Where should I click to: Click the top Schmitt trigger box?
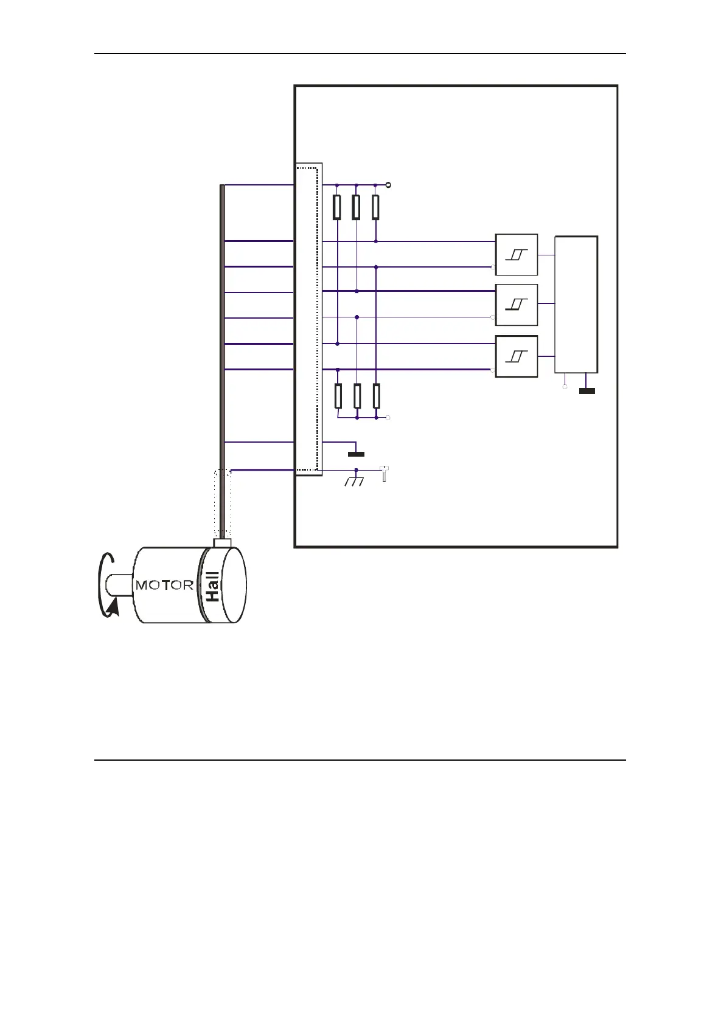pyautogui.click(x=517, y=254)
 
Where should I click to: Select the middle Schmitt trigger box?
pyautogui.click(x=517, y=305)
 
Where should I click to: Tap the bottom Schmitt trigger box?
pyautogui.click(x=517, y=356)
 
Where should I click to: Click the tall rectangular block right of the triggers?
pyautogui.click(x=576, y=304)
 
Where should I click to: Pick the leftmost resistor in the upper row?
pyautogui.click(x=337, y=207)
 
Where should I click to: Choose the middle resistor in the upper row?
pyautogui.click(x=357, y=207)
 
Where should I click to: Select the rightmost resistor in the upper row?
pyautogui.click(x=376, y=207)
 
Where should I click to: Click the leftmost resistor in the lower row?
pyautogui.click(x=338, y=396)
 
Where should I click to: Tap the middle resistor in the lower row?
pyautogui.click(x=357, y=396)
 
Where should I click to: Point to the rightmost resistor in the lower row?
pyautogui.click(x=377, y=396)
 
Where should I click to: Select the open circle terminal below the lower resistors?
pyautogui.click(x=389, y=418)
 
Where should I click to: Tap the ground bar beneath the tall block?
pyautogui.click(x=587, y=391)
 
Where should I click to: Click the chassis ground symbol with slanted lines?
pyautogui.click(x=354, y=481)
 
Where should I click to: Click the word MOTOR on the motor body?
pyautogui.click(x=164, y=586)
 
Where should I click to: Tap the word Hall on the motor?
pyautogui.click(x=212, y=587)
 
